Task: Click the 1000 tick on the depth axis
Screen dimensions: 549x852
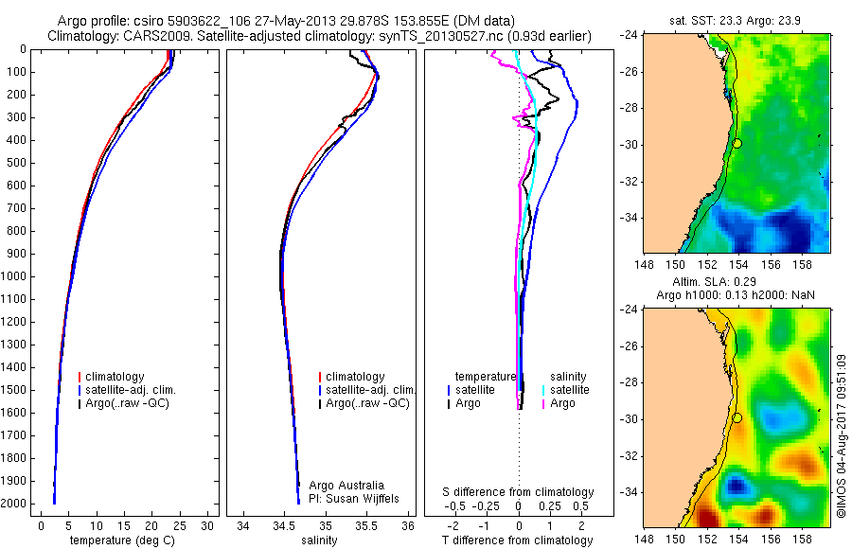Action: pos(17,276)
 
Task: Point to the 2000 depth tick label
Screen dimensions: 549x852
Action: pos(17,504)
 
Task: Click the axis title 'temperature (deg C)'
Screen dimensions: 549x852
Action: pos(122,540)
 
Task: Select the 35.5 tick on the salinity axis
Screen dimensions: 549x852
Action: pos(367,524)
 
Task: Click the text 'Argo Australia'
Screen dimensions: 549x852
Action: pos(346,486)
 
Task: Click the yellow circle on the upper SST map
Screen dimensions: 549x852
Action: pos(737,143)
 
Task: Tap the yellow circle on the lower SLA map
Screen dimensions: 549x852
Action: pos(737,417)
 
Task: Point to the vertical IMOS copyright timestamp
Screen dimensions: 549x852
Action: pos(841,435)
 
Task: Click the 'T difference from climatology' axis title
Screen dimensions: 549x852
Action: pos(519,540)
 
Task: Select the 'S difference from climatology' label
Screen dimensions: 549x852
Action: pos(519,492)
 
